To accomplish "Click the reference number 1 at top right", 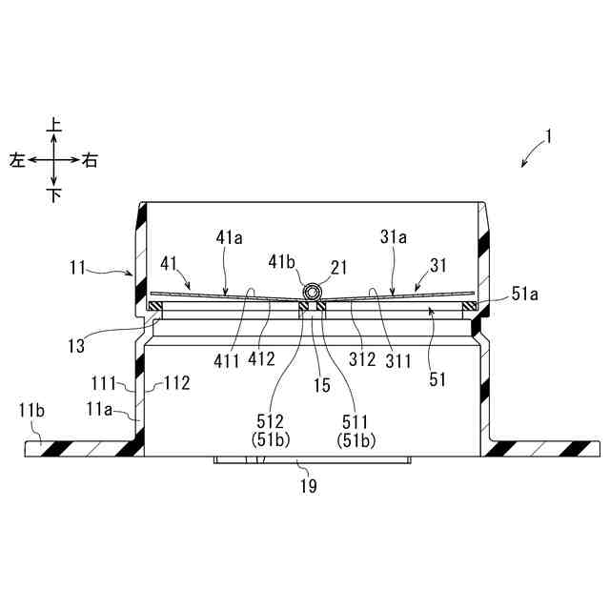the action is coord(548,136).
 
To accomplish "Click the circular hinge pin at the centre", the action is coord(311,289).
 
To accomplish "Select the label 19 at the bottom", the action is coord(308,485).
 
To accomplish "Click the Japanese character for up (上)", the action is coord(54,125).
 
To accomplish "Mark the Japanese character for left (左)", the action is coord(17,161).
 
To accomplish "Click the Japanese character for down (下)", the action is coord(54,196).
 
